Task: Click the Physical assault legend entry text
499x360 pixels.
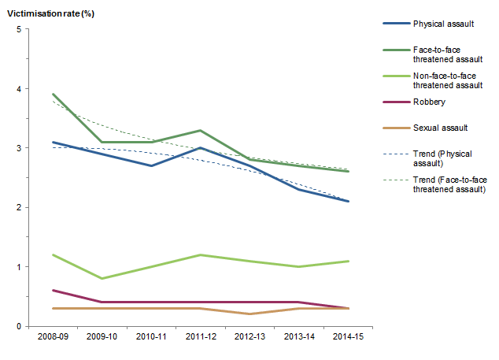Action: click(442, 24)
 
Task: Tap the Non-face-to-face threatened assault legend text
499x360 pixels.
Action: click(447, 80)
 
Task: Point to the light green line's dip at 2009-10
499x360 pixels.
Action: click(102, 278)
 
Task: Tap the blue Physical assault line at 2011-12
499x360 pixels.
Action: click(201, 148)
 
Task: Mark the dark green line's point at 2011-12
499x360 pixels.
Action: click(201, 130)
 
